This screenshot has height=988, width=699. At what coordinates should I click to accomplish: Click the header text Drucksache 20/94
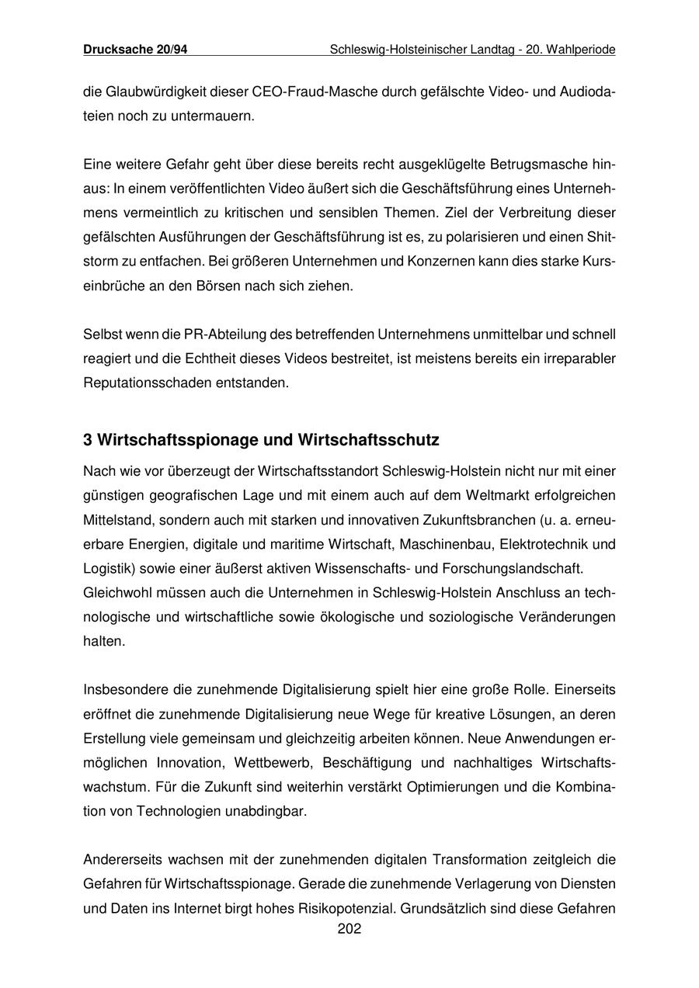135,50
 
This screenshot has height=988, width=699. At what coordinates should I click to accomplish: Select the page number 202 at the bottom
349,928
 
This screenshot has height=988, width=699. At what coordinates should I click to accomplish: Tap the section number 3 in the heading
88,440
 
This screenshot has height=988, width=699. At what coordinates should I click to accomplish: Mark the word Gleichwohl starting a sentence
118,593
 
